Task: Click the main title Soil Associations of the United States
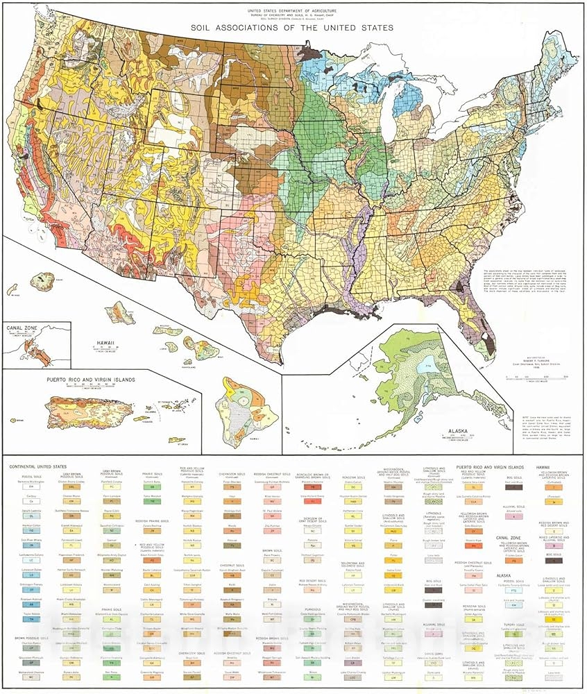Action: (292, 28)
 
